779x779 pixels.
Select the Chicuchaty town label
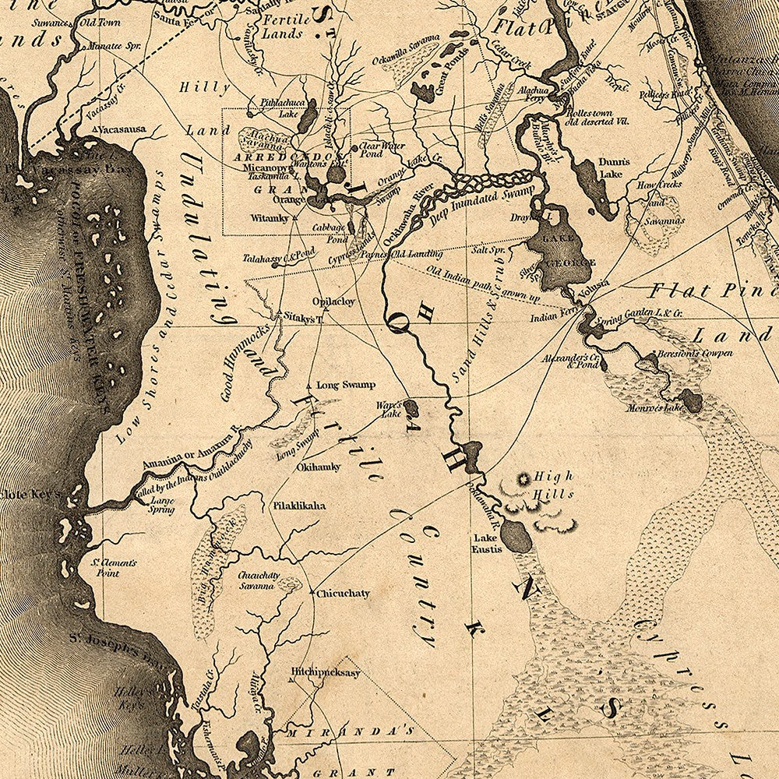[x=343, y=594]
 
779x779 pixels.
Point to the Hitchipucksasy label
[x=326, y=672]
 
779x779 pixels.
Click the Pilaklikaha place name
[x=299, y=506]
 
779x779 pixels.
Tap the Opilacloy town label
[x=333, y=301]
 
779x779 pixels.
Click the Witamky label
[x=270, y=218]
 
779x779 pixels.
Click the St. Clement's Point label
[x=115, y=567]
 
